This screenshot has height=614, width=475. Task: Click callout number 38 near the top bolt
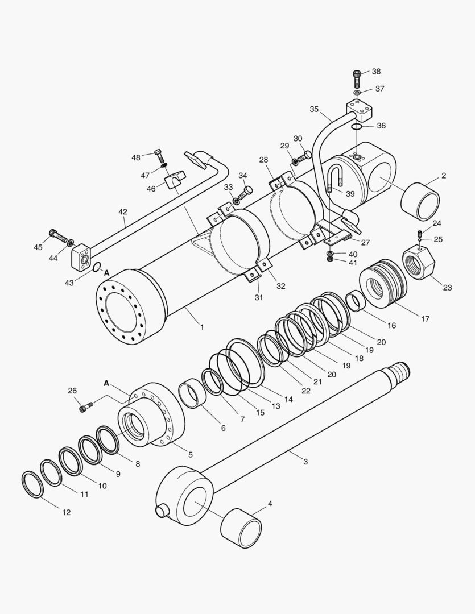[376, 72]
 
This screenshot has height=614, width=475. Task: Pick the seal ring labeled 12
[33, 484]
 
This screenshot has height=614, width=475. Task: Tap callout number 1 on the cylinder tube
[201, 327]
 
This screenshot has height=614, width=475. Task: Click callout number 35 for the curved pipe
[315, 109]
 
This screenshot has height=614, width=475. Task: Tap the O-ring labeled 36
[355, 127]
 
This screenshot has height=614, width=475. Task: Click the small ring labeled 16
[356, 301]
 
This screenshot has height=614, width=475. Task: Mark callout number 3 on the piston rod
[305, 462]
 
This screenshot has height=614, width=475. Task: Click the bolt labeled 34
[246, 192]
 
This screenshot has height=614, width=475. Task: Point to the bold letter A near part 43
[106, 272]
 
